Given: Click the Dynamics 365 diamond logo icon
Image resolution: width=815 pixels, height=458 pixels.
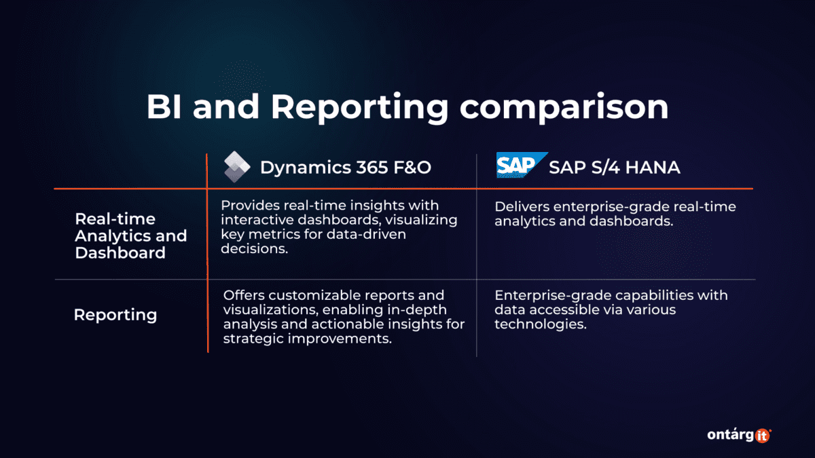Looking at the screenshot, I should pyautogui.click(x=237, y=167).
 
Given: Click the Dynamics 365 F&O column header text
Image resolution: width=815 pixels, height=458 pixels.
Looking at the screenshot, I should pyautogui.click(x=345, y=168).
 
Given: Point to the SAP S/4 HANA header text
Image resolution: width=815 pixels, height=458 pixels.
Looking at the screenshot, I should pyautogui.click(x=614, y=167).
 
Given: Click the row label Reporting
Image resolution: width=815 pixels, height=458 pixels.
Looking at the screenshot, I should pyautogui.click(x=115, y=315).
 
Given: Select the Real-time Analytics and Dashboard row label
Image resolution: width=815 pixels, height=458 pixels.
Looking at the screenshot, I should pyautogui.click(x=130, y=235).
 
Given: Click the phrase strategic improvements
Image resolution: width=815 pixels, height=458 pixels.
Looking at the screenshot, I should pyautogui.click(x=308, y=339).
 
